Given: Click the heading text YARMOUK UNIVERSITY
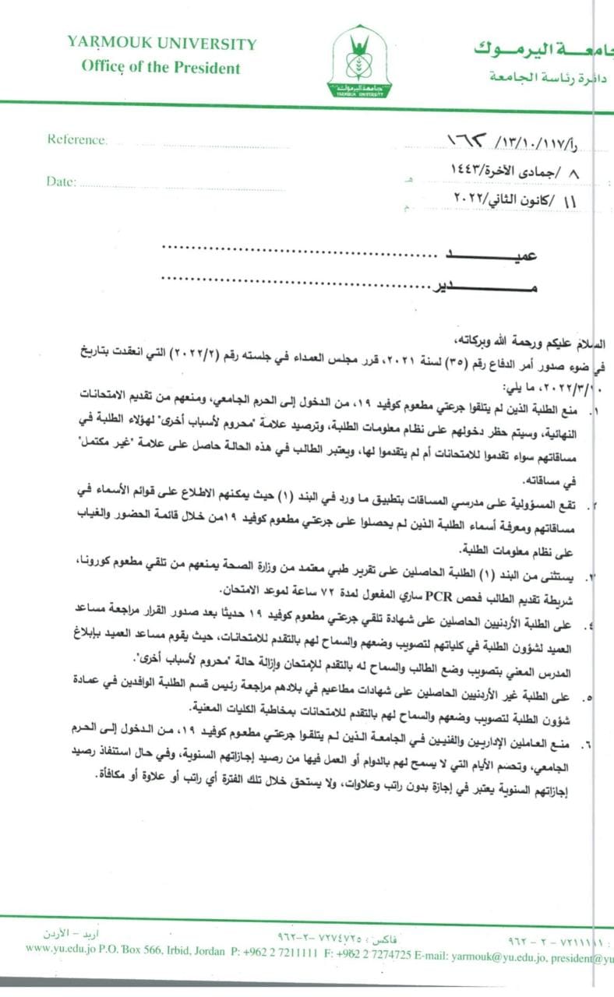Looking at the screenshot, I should [x=161, y=44].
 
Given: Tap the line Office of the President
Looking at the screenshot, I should [x=161, y=67].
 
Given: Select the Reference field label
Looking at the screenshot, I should [x=76, y=139].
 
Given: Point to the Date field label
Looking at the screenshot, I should [x=62, y=181].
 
